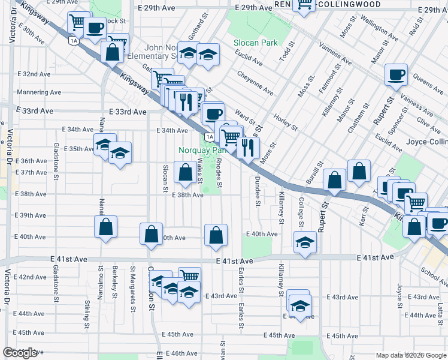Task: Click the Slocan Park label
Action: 256,43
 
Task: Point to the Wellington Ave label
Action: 379,33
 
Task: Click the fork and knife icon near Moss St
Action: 247,146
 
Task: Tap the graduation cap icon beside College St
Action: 305,243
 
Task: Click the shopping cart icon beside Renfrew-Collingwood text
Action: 304,5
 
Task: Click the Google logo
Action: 20,353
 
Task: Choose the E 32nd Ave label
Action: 34,74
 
